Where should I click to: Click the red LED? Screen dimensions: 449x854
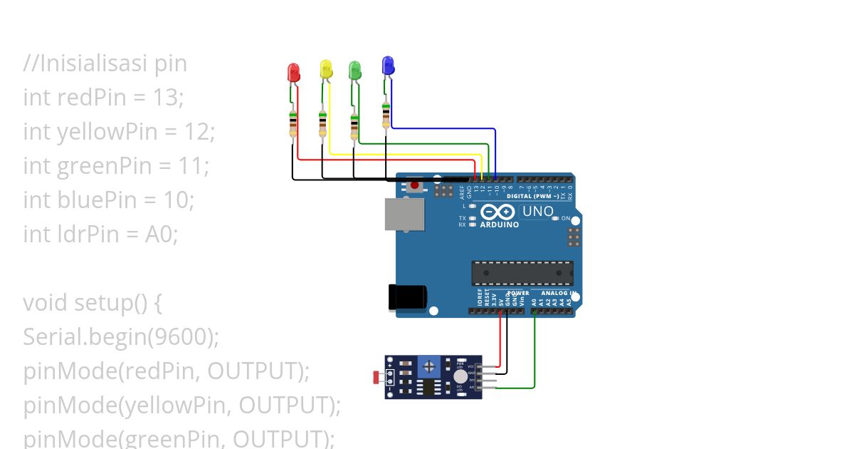coord(292,71)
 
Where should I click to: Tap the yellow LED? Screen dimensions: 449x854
coord(326,69)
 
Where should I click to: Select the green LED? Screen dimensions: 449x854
coord(355,70)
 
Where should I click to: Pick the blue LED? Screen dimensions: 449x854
coord(387,66)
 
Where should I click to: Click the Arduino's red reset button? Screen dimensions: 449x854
coord(415,187)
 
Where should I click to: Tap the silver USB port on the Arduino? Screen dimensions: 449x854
coord(403,214)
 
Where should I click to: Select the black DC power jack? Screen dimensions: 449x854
coord(407,297)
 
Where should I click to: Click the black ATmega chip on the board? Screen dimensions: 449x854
coord(522,273)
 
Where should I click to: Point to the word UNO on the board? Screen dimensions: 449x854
coord(537,212)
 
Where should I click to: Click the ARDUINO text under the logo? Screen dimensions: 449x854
coord(499,224)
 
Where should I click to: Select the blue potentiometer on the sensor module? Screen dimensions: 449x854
coord(428,366)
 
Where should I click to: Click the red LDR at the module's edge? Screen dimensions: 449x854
coord(376,376)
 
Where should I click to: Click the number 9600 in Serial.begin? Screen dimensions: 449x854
coord(180,337)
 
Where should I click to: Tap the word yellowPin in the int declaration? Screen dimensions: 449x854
coord(102,132)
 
